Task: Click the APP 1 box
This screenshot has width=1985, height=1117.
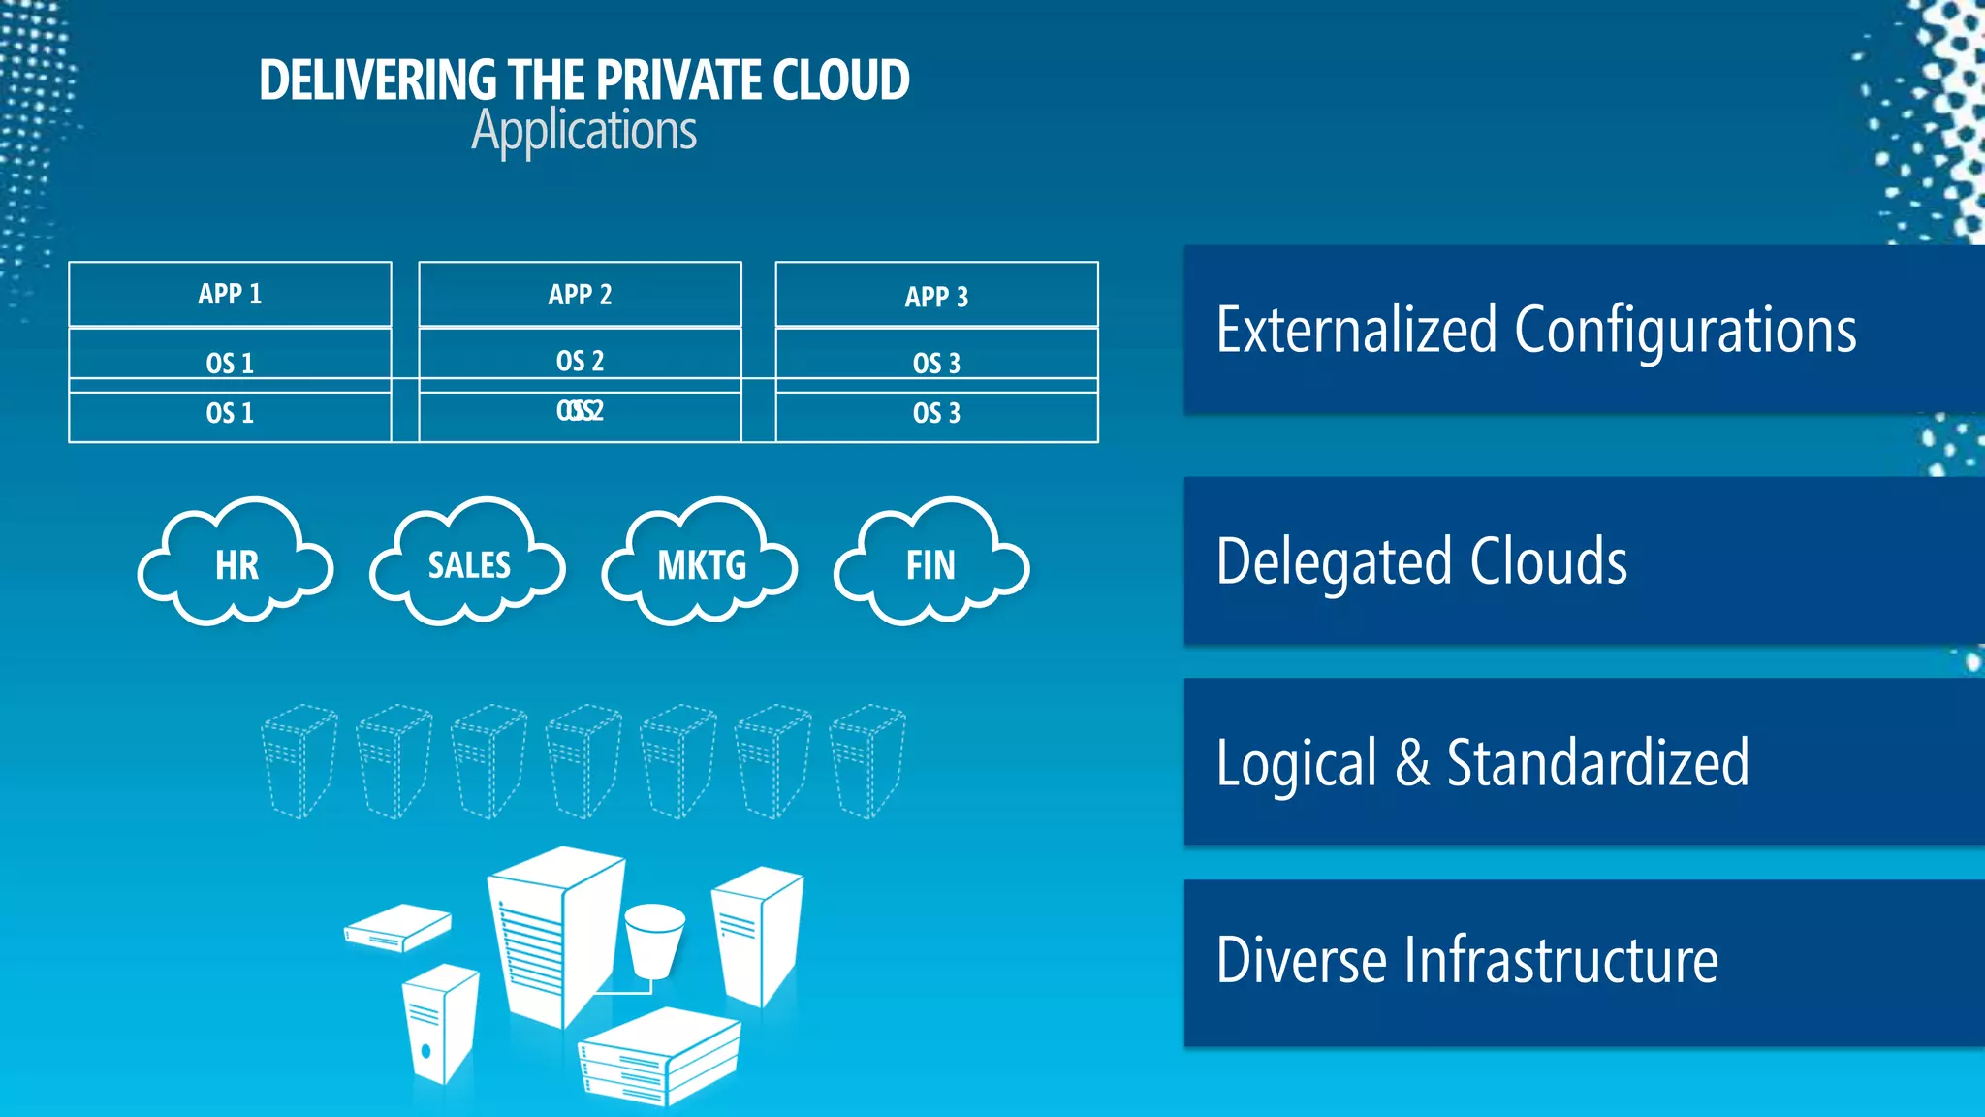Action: pyautogui.click(x=230, y=294)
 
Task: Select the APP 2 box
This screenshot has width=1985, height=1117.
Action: pyautogui.click(x=580, y=294)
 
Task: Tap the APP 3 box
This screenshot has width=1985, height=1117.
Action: pyautogui.click(x=936, y=296)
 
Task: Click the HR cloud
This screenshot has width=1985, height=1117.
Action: pyautogui.click(x=236, y=564)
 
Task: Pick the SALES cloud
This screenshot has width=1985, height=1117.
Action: pyautogui.click(x=469, y=564)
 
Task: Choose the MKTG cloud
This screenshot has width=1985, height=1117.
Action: pyautogui.click(x=701, y=564)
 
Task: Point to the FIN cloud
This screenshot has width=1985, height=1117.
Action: pyautogui.click(x=931, y=564)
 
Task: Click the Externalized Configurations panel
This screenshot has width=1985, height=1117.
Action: pyautogui.click(x=1584, y=330)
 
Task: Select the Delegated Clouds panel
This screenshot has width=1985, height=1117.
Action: pyautogui.click(x=1584, y=560)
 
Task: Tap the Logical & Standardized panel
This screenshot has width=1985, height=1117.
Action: pyautogui.click(x=1584, y=762)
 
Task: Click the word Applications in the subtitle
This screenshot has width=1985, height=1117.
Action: pyautogui.click(x=583, y=131)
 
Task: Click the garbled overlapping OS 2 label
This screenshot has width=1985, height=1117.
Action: pyautogui.click(x=580, y=411)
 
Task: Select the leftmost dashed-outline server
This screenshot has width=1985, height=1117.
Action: pyautogui.click(x=299, y=761)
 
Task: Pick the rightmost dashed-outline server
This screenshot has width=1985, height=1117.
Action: pyautogui.click(x=867, y=761)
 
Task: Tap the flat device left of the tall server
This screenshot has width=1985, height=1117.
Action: pyautogui.click(x=397, y=927)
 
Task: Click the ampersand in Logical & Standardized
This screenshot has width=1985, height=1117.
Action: pyautogui.click(x=1412, y=763)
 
